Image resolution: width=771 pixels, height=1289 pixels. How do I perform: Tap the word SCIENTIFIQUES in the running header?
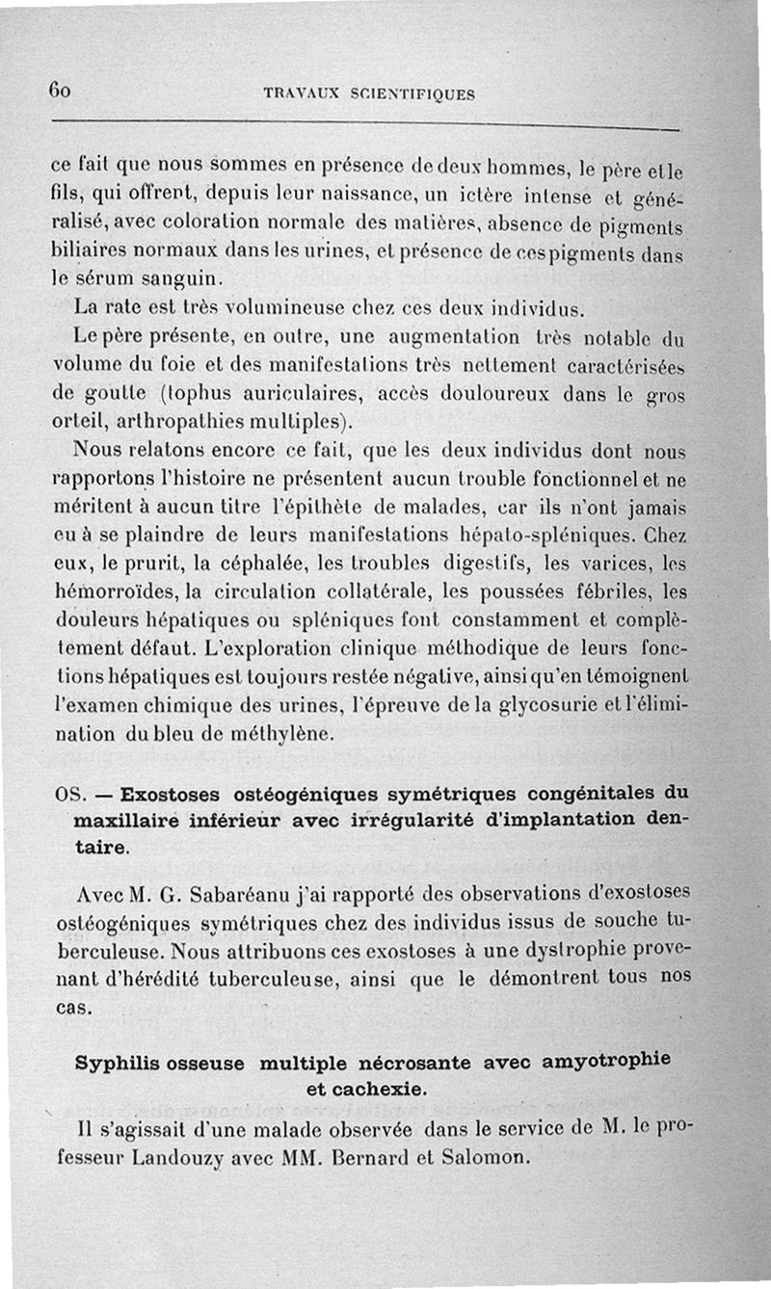click(x=426, y=94)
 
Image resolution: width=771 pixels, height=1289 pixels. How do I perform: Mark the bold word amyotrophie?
click(x=603, y=1063)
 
